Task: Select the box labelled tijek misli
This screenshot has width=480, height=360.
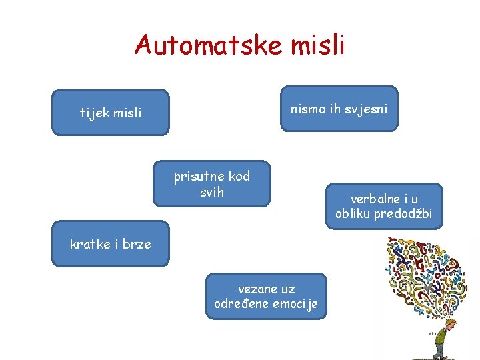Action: tap(111, 113)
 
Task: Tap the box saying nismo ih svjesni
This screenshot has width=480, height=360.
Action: tap(339, 108)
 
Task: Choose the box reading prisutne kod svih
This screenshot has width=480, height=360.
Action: tap(212, 184)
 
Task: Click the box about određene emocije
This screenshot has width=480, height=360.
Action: tap(266, 296)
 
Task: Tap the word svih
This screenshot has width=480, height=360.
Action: tap(212, 193)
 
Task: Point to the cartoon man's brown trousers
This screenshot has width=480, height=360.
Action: tap(440, 347)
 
